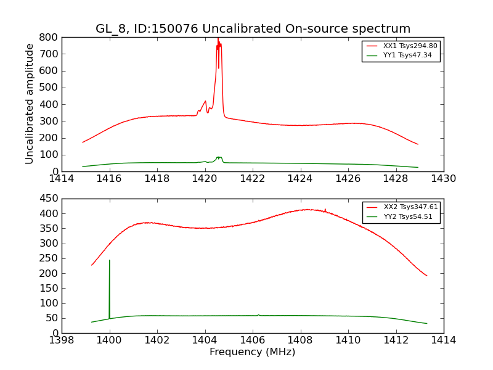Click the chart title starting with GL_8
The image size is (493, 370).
(253, 29)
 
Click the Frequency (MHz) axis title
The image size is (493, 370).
(252, 352)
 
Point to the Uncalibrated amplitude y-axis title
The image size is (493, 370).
(30, 104)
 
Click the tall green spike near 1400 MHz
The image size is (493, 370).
(110, 271)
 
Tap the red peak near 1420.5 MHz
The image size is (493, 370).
(218, 42)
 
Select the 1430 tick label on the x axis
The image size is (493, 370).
(443, 179)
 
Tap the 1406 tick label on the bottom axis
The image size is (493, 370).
(252, 340)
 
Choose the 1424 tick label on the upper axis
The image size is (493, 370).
(300, 179)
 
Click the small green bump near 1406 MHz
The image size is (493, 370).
(258, 314)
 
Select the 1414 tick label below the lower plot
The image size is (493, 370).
(443, 340)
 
